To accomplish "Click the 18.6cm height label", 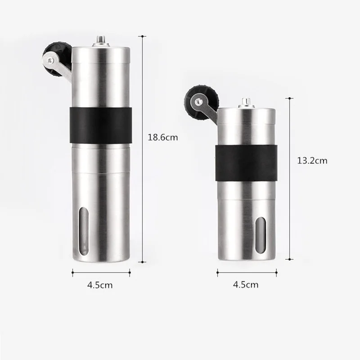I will click(x=162, y=138).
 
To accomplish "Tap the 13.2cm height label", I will click(x=312, y=160).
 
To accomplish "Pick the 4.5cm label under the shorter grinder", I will click(x=246, y=284).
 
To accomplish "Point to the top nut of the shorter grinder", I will click(x=246, y=103).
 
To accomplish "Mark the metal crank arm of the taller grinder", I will click(x=63, y=67).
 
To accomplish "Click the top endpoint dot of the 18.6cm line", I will click(x=143, y=36).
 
